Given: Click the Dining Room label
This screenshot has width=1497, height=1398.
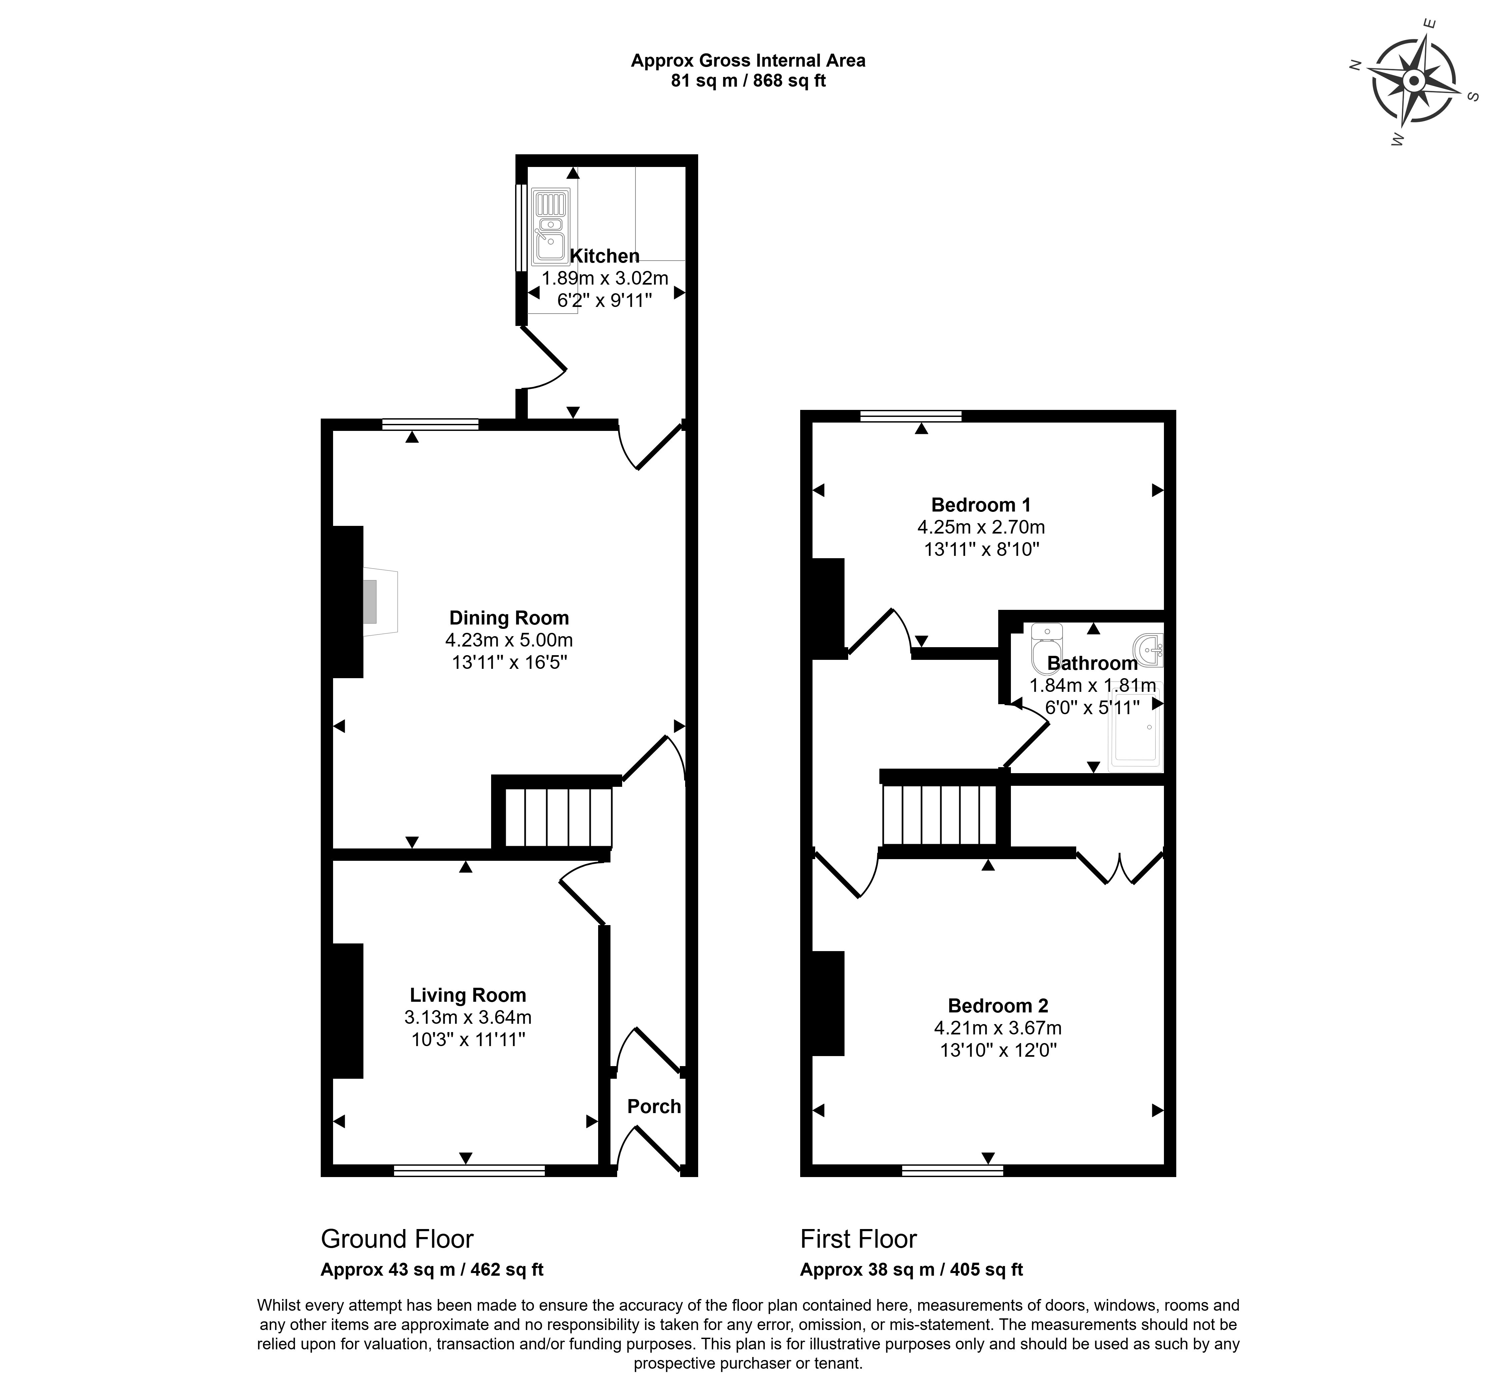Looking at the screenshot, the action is pyautogui.click(x=509, y=618).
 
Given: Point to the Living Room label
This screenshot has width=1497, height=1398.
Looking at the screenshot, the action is pyautogui.click(x=468, y=995).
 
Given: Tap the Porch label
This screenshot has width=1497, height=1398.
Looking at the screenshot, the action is pyautogui.click(x=653, y=1107).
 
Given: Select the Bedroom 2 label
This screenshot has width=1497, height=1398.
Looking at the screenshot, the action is pyautogui.click(x=998, y=1006).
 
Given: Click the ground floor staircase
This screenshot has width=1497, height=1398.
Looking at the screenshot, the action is pyautogui.click(x=557, y=817).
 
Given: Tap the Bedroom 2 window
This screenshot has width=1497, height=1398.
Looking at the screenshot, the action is pyautogui.click(x=953, y=1171).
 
